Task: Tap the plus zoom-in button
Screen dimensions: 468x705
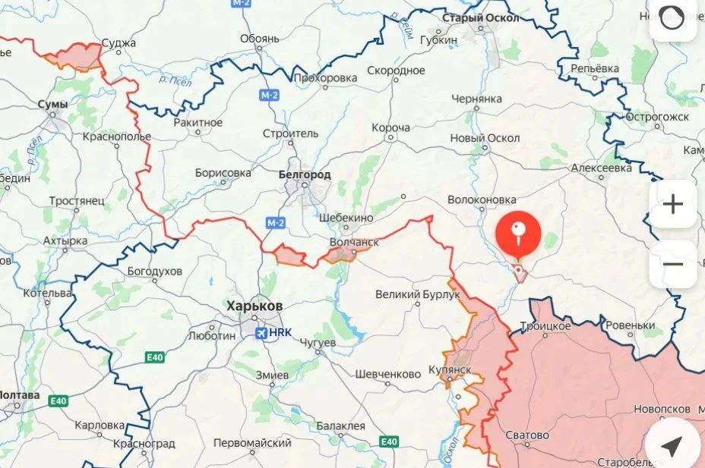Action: [673, 204]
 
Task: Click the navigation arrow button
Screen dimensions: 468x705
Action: [672, 446]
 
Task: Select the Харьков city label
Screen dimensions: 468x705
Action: [254, 305]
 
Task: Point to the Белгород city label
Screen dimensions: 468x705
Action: [305, 174]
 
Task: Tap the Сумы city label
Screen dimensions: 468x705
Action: [52, 104]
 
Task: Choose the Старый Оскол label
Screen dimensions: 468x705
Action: [481, 17]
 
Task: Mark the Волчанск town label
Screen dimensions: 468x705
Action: [354, 242]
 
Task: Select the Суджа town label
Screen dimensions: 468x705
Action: [119, 42]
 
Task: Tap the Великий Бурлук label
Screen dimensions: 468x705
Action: [418, 294]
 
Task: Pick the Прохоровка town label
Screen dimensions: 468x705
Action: [325, 77]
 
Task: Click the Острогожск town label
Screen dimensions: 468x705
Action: [657, 117]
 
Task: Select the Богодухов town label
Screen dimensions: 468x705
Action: [155, 270]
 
